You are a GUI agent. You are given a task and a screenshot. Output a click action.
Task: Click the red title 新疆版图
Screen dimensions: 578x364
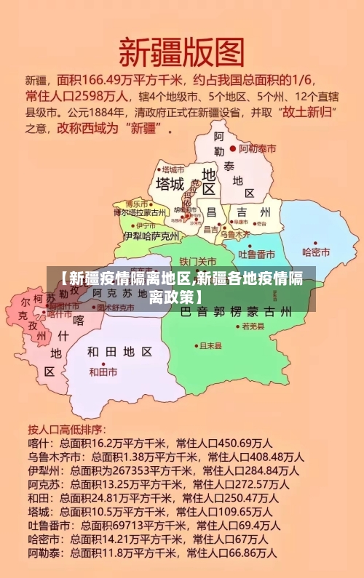(181, 52)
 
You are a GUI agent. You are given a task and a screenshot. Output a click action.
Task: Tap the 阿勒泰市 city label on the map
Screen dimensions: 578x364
(258, 148)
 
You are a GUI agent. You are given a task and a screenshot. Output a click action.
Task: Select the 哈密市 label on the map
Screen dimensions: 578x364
(316, 252)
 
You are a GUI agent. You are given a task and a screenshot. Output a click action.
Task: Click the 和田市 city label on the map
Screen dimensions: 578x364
(103, 372)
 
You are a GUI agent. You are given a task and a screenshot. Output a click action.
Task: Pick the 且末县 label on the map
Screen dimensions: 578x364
(210, 345)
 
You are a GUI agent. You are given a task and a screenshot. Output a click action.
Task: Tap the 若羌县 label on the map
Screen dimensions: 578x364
(253, 327)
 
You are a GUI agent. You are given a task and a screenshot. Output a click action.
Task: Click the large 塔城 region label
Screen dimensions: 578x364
(169, 184)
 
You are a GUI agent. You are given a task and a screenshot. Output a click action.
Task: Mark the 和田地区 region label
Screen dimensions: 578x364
(120, 352)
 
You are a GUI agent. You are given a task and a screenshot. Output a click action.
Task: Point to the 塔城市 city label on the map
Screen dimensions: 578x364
(173, 169)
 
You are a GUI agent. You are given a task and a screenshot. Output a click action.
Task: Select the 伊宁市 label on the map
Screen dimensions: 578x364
(136, 225)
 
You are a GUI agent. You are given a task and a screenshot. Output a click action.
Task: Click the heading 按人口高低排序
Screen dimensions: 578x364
(66, 428)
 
